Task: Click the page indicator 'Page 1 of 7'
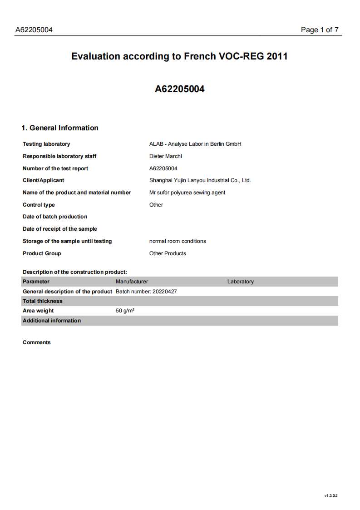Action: tap(320, 30)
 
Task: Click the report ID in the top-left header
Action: tap(34, 30)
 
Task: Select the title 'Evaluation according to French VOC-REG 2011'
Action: tap(179, 56)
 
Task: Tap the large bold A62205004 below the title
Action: tap(179, 89)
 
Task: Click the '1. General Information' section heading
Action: tap(60, 128)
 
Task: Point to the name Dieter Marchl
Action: tap(165, 156)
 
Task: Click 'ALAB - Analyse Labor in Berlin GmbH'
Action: tap(195, 144)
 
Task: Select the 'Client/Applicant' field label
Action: tap(43, 180)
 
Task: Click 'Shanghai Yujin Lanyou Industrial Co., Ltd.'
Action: tap(200, 180)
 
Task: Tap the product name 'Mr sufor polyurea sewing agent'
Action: tap(187, 193)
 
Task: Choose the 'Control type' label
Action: tap(39, 205)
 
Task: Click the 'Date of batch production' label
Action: tap(55, 217)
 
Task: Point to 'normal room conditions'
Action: tap(178, 241)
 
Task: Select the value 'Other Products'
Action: tap(168, 253)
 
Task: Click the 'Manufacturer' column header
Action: tap(132, 282)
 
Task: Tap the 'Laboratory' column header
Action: tap(240, 282)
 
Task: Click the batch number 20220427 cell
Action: tap(146, 292)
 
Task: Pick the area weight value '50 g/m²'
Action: tap(125, 311)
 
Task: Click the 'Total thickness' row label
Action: tap(43, 301)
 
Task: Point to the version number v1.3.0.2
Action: tap(331, 495)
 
